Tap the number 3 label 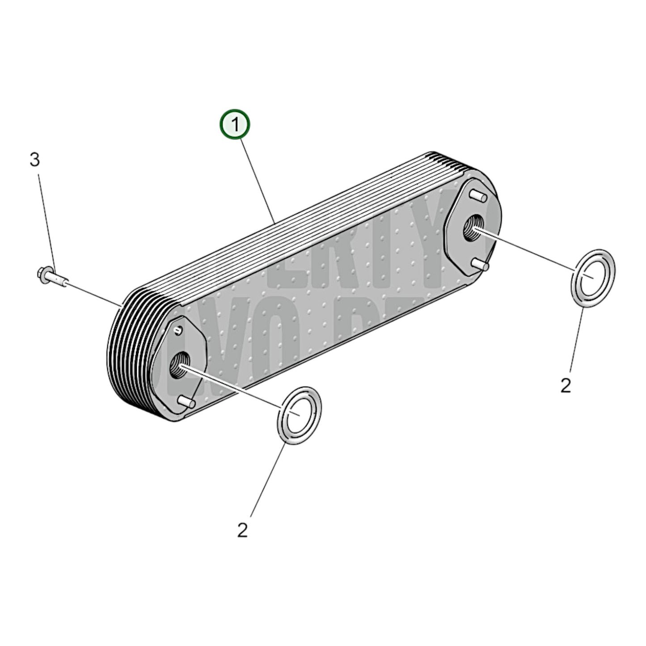click(x=34, y=160)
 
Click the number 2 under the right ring click(x=566, y=385)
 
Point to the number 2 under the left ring click(x=242, y=530)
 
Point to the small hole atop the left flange click(x=179, y=330)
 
